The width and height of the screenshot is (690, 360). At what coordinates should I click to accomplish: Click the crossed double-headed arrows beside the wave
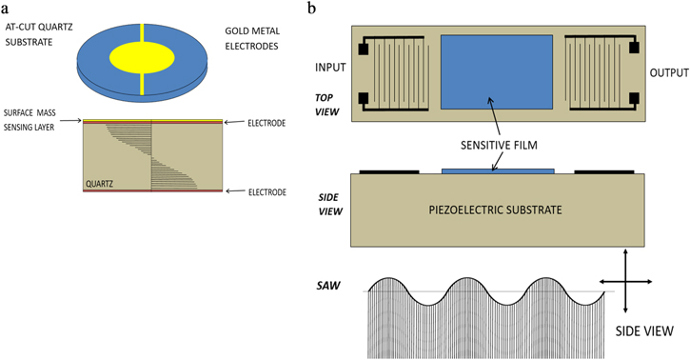pos(624,281)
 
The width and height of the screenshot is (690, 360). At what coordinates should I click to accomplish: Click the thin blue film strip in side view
pos(498,170)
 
